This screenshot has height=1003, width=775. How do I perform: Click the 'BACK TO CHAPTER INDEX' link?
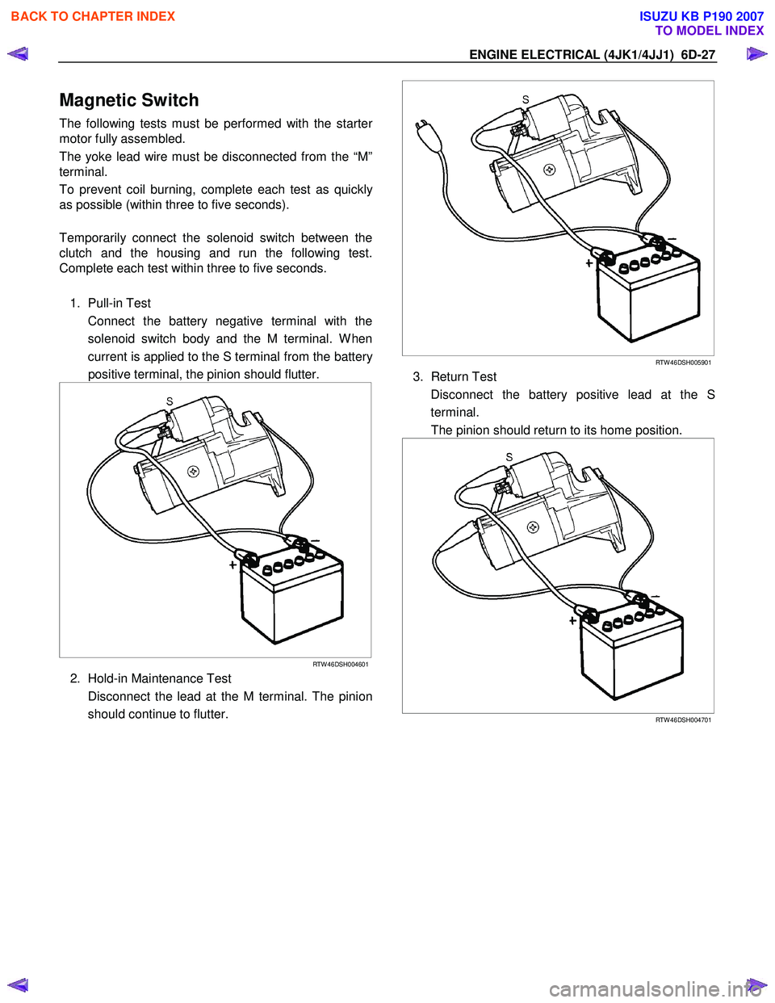93,16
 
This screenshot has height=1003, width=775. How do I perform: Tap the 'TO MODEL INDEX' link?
709,31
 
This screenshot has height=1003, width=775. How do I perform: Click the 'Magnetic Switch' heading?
129,100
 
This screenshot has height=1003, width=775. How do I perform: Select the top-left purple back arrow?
18,54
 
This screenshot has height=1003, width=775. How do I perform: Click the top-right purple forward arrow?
756,54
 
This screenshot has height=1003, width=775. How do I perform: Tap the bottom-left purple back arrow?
18,984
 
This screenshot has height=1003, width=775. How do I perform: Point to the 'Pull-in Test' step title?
119,303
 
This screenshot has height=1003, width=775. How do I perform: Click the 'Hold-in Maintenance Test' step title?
159,678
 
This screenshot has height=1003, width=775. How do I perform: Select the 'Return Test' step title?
463,376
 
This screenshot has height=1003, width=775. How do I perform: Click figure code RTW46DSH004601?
340,665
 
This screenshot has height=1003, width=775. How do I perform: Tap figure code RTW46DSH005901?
683,363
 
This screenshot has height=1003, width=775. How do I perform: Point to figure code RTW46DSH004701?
683,720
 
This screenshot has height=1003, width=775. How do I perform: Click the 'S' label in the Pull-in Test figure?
170,401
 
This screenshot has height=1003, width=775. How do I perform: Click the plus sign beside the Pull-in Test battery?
232,565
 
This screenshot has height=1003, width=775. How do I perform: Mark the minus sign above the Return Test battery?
656,596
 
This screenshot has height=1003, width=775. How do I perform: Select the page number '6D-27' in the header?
697,55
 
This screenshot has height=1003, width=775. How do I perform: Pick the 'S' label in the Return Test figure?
509,457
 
